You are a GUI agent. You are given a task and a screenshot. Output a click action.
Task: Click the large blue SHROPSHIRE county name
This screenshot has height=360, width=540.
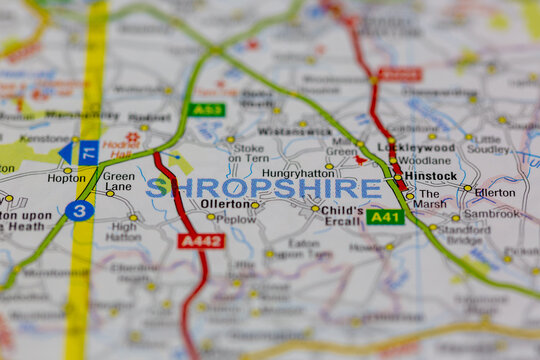tap(264, 188)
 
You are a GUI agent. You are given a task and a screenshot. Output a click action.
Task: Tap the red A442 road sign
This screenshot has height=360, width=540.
tap(200, 240)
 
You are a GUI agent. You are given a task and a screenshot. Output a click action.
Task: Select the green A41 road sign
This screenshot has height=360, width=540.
tap(385, 216)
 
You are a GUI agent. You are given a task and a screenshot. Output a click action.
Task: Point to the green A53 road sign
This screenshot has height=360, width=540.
tap(206, 109)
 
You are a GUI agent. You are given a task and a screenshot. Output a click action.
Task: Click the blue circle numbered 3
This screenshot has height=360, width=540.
tap(79, 210)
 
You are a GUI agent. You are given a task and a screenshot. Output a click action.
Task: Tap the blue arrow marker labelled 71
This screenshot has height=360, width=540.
tap(80, 152)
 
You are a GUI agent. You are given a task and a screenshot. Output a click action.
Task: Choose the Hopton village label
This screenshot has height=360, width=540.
tap(66, 178)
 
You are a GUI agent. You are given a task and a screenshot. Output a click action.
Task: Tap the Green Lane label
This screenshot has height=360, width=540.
tap(118, 181)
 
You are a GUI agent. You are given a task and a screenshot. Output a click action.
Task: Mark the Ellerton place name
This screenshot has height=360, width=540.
tap(495, 192)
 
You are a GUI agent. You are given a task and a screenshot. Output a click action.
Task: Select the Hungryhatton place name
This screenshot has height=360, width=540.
tap(297, 172)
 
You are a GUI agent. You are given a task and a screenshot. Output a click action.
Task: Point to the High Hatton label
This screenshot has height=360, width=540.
tap(123, 232)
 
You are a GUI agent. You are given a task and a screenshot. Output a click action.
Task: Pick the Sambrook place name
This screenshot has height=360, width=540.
tap(491, 214)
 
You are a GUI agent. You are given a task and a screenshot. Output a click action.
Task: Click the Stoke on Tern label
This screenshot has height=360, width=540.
tap(248, 151)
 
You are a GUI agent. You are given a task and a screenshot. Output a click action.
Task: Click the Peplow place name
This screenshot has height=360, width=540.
tap(236, 218)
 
